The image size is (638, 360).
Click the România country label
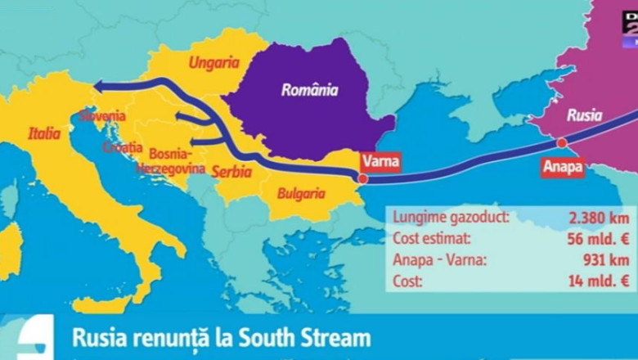click(x=309, y=91)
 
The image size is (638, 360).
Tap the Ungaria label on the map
click(x=214, y=62)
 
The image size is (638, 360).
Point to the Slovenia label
click(x=103, y=116)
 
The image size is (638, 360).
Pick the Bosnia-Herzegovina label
click(x=169, y=160)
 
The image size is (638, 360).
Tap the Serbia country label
click(x=231, y=172)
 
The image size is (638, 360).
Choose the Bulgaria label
click(x=302, y=195)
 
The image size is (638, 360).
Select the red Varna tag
click(x=382, y=161)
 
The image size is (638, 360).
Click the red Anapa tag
click(x=563, y=167)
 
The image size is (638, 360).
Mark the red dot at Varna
click(x=362, y=178)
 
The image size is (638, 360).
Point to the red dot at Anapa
click(x=562, y=143)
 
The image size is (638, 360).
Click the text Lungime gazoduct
click(x=450, y=218)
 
